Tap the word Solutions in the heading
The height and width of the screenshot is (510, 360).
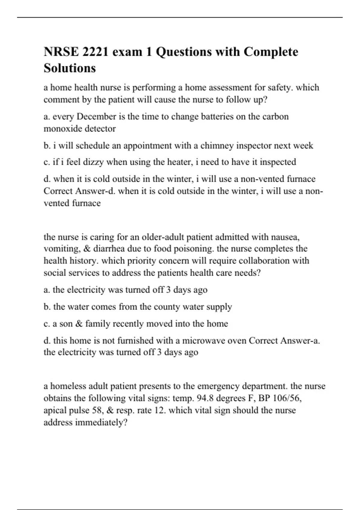[x=70, y=68]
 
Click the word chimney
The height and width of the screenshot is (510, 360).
[x=217, y=146]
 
